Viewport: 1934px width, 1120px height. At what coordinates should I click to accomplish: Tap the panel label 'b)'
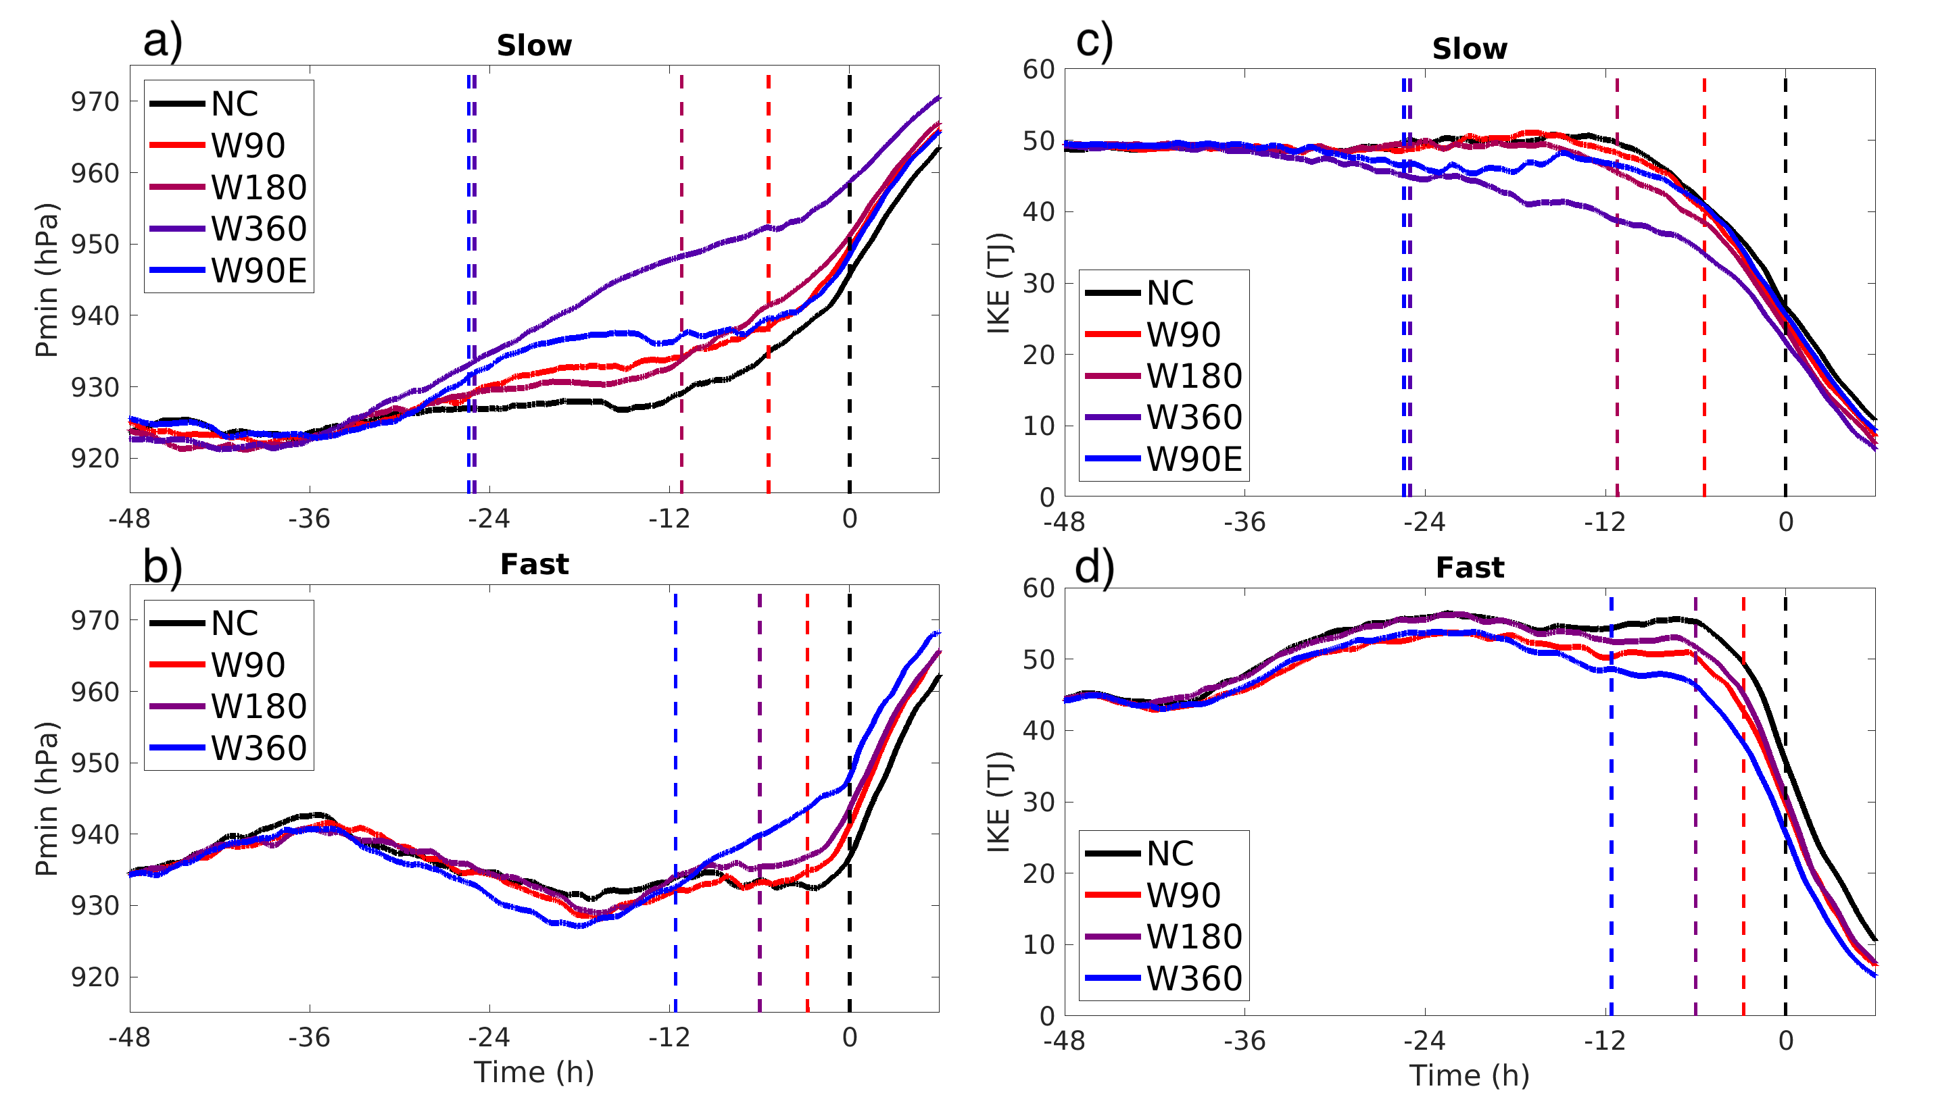point(162,566)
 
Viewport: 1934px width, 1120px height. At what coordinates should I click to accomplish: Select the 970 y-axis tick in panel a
point(95,101)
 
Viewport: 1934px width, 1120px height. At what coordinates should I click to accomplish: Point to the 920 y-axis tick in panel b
point(95,977)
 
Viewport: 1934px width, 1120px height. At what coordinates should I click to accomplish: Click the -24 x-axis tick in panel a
point(489,519)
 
